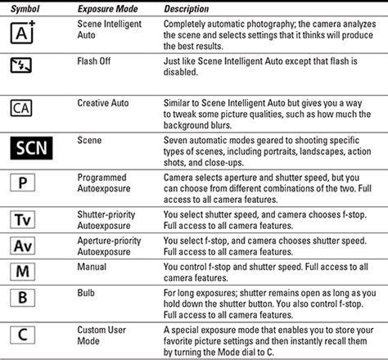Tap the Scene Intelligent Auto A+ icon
[x=23, y=32]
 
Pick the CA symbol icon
[x=22, y=108]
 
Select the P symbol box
[x=22, y=182]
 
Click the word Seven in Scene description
[x=178, y=140]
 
